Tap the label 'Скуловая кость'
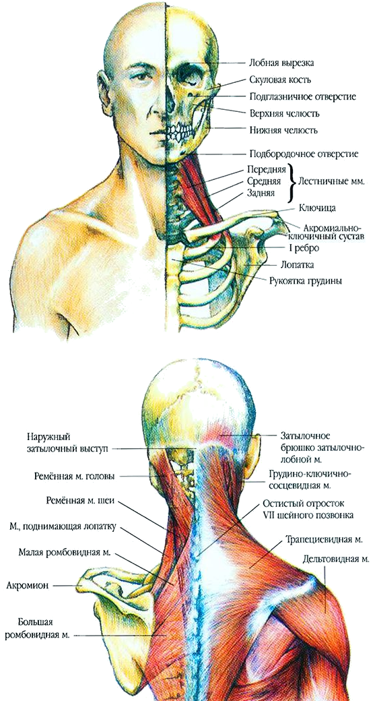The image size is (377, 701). click(x=280, y=80)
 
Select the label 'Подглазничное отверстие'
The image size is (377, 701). click(x=302, y=96)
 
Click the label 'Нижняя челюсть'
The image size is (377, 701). click(x=283, y=131)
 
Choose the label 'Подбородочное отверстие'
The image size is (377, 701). click(x=304, y=154)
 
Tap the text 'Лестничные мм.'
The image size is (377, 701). click(x=331, y=182)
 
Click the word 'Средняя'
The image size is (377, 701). click(x=263, y=182)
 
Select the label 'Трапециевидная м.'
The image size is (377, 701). click(x=324, y=540)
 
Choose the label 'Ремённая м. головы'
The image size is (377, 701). click(x=74, y=477)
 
